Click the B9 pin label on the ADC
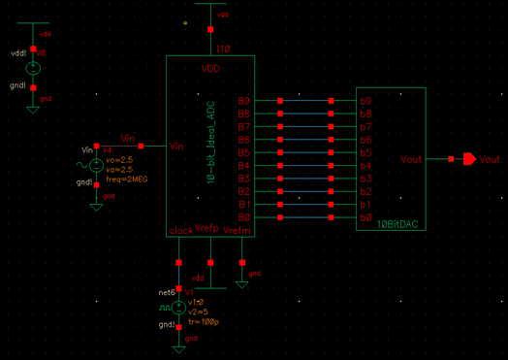pos(244,101)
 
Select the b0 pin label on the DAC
pos(366,217)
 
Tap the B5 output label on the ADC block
pos(244,153)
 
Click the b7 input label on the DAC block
pos(366,127)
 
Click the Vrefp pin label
pos(207,228)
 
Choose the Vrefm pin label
pos(238,231)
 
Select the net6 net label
pos(166,291)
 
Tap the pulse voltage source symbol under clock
pos(178,307)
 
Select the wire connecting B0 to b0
pos(305,218)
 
